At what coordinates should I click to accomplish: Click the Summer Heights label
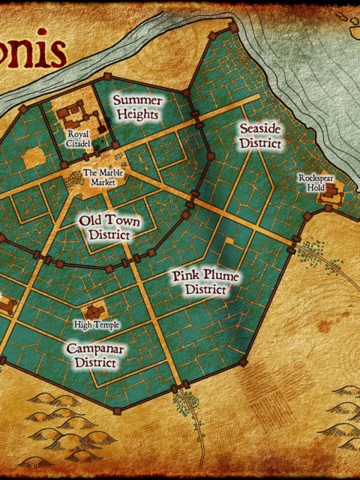[136, 107]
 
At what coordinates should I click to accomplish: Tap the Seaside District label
[260, 135]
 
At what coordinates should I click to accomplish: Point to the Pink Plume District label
[205, 283]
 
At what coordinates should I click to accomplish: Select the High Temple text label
[93, 325]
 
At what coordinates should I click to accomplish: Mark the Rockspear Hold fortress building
[331, 197]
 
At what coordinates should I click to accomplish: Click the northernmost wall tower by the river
[233, 28]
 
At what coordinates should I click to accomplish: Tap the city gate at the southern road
[181, 388]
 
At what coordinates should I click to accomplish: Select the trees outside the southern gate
[181, 406]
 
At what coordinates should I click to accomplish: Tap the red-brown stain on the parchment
[324, 327]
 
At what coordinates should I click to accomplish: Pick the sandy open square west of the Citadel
[34, 157]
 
